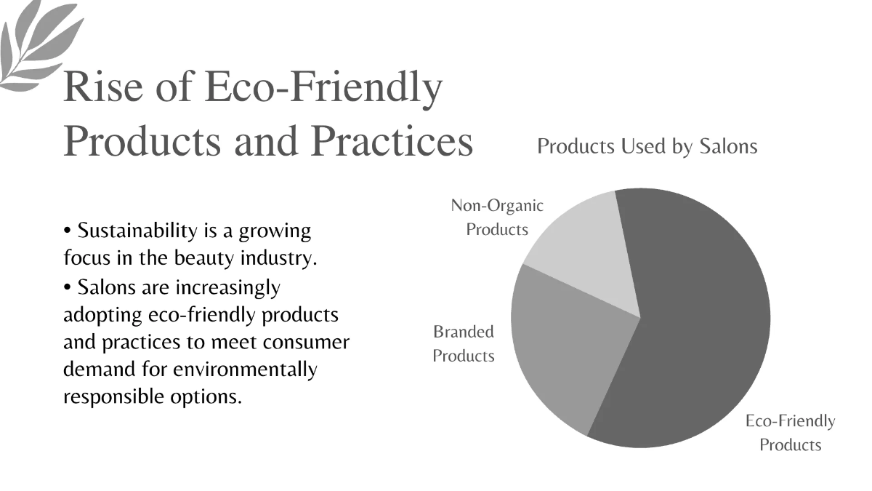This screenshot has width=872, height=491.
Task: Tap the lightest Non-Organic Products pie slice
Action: [581, 247]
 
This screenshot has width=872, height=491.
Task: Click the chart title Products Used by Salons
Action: [647, 146]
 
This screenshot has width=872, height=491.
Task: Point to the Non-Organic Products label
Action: [497, 217]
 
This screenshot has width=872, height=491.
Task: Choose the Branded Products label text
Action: [464, 343]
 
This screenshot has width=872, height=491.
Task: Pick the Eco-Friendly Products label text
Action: [790, 432]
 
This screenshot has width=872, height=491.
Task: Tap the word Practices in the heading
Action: [392, 141]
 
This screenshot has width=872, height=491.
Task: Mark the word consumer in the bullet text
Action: [308, 342]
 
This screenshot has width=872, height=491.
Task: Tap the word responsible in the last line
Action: [116, 397]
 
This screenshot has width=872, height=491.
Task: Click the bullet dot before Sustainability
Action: [68, 232]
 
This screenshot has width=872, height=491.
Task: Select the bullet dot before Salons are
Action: [68, 288]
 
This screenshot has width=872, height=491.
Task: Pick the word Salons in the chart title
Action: [728, 146]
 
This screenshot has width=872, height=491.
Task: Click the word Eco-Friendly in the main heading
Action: [323, 87]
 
